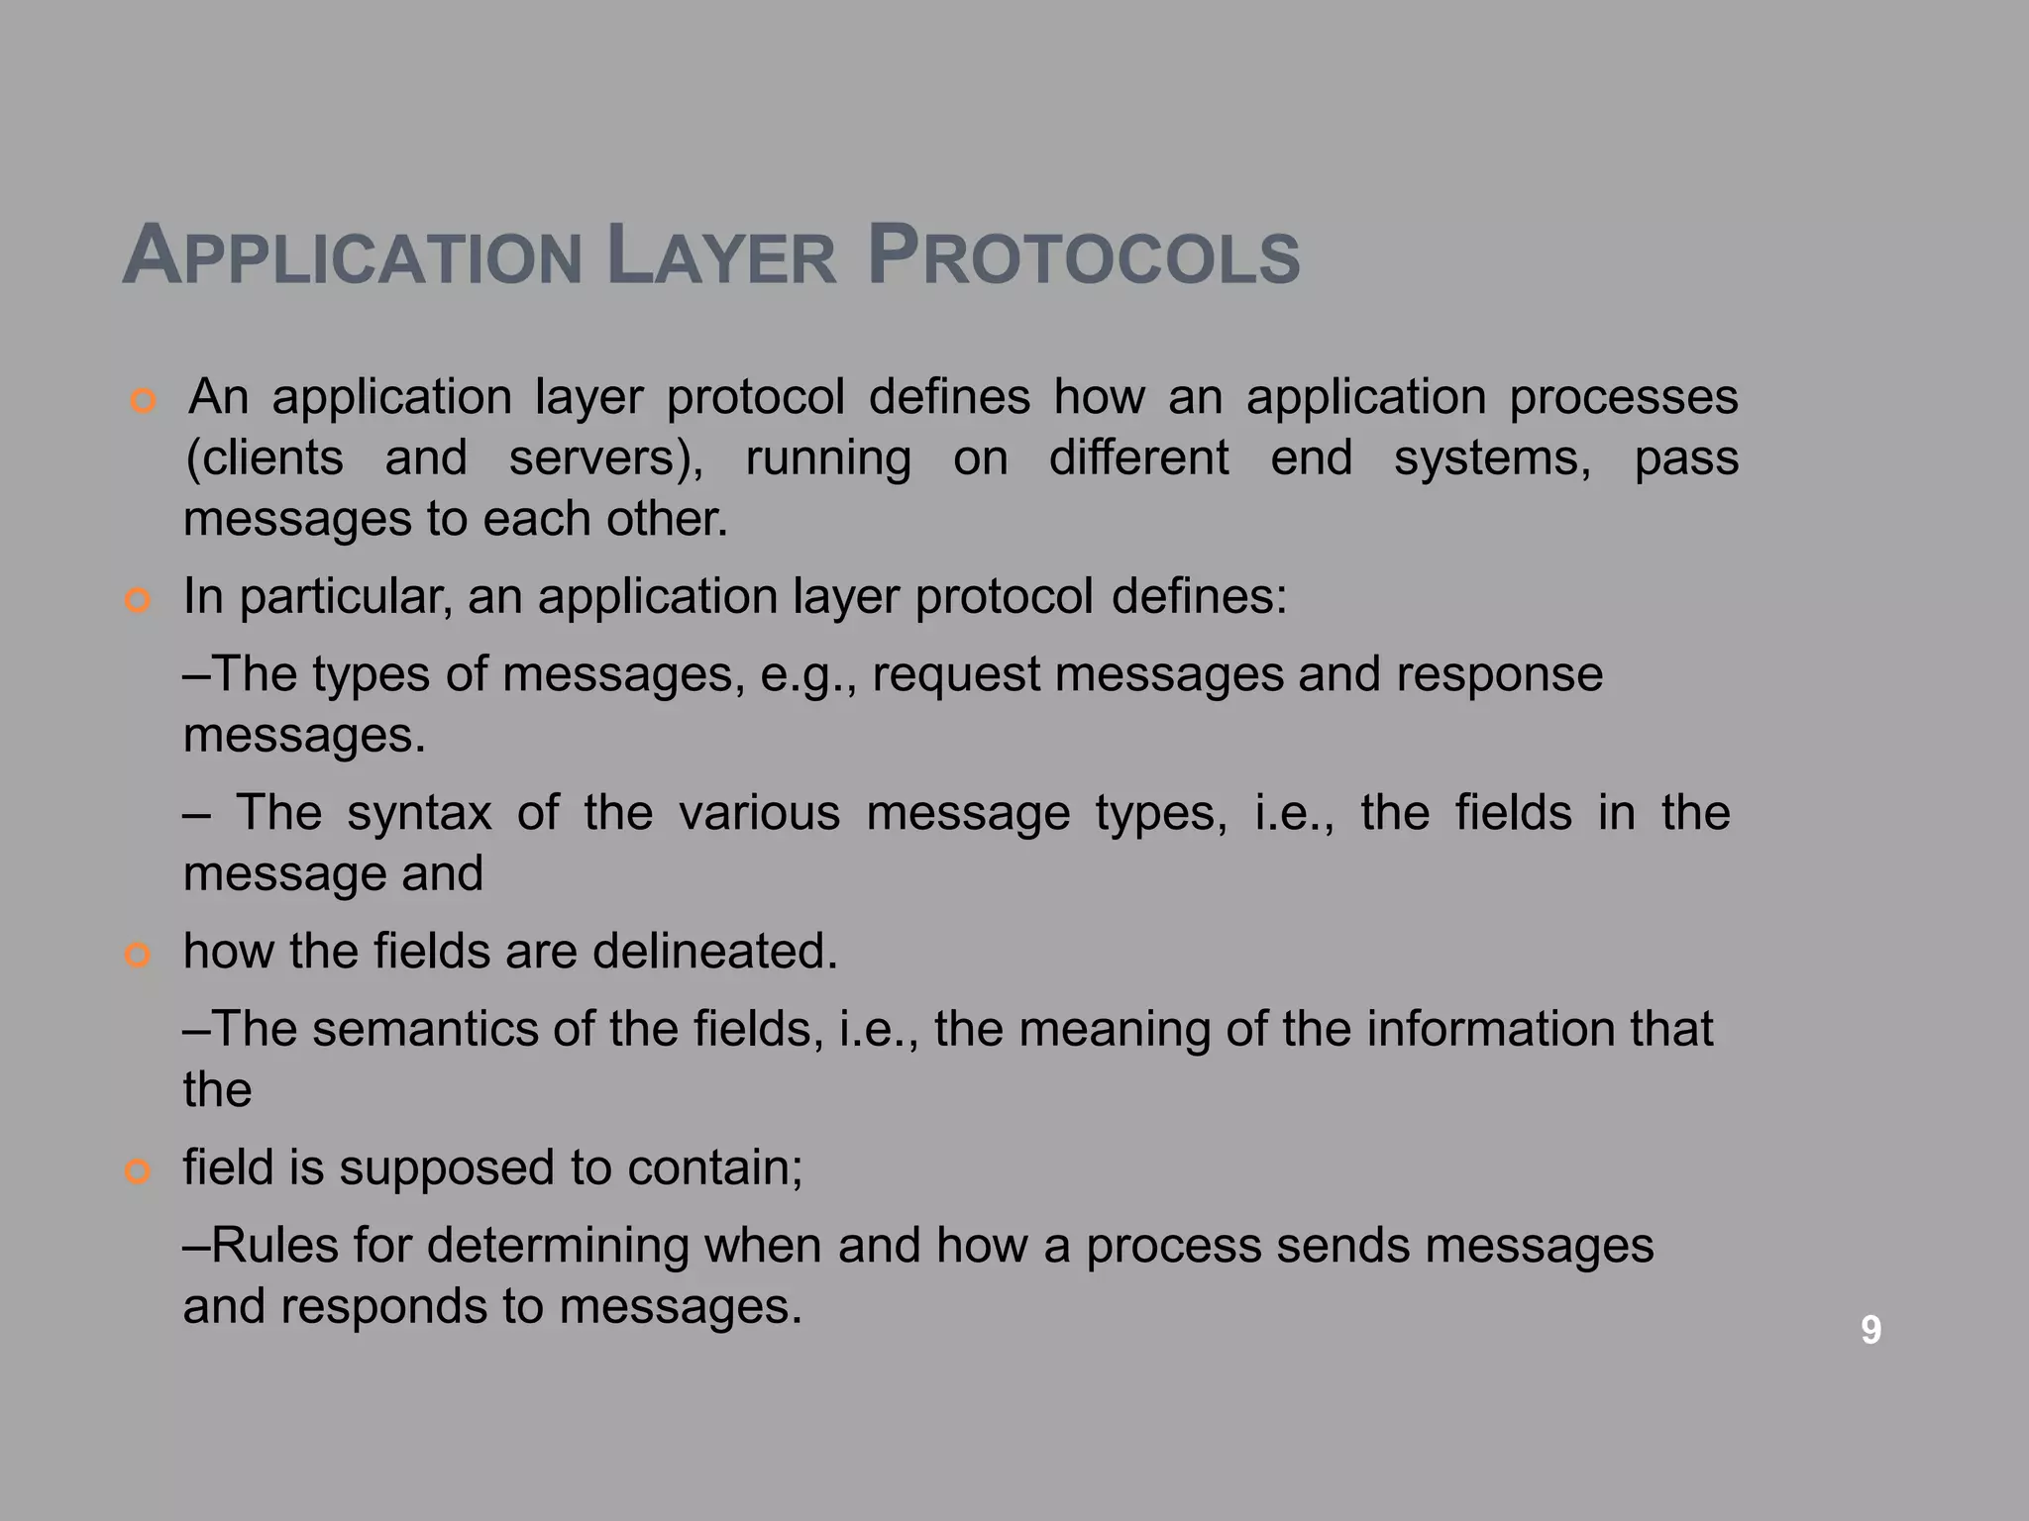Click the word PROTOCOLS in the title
(1083, 257)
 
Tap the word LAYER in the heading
(721, 257)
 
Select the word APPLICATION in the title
(352, 257)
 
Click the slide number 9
(1870, 1329)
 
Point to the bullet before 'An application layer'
(144, 402)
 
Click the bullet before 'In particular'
(138, 601)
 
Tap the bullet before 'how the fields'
(138, 956)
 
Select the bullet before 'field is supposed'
(138, 1172)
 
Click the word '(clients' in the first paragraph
(265, 458)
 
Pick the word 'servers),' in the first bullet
(606, 458)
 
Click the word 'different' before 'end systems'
(1138, 458)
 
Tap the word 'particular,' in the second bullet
(346, 597)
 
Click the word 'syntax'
(419, 813)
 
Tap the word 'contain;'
(714, 1168)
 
